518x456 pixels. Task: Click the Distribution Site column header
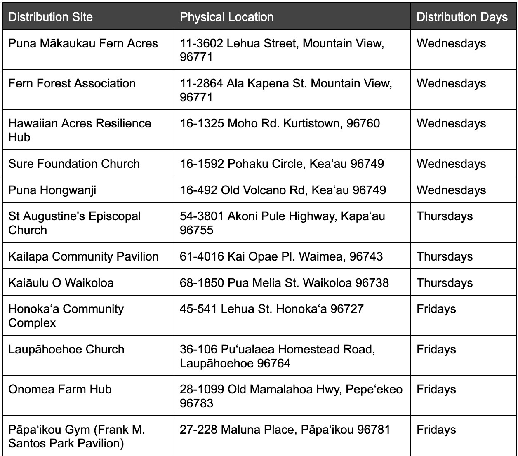point(50,17)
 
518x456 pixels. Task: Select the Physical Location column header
point(227,17)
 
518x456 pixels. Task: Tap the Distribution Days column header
point(462,17)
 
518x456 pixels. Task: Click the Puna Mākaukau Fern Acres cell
point(83,43)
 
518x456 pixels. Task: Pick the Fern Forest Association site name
point(72,83)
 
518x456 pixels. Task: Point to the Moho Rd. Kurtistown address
point(280,123)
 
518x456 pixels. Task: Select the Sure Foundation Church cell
point(74,164)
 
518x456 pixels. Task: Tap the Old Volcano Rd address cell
point(283,190)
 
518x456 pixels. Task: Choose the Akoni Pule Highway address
point(282,216)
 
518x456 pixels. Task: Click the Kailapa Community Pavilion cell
point(83,256)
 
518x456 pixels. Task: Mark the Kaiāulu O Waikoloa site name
point(61,283)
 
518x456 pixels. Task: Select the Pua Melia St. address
point(284,283)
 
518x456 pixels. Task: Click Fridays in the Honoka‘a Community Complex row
point(436,309)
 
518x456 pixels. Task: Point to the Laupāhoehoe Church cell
point(66,349)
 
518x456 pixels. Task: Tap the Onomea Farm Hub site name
point(60,389)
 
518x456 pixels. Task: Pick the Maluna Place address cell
point(285,430)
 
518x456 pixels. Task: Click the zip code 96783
point(197,403)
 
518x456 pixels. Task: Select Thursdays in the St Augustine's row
point(445,216)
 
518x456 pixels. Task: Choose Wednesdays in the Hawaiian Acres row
point(451,123)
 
